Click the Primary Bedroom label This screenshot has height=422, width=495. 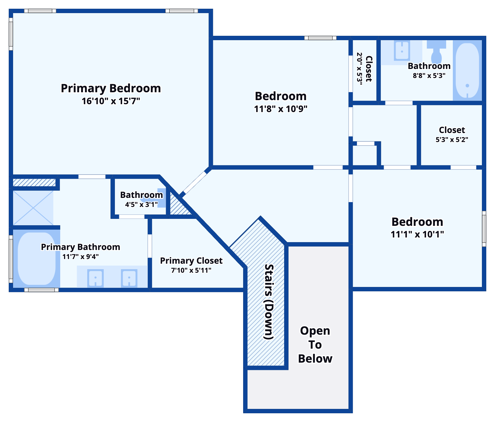[111, 88]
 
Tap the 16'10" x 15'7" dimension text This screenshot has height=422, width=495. [111, 101]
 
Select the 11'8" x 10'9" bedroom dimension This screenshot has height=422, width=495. [281, 109]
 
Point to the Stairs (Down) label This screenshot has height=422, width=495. [269, 302]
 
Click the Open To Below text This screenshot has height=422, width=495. [315, 345]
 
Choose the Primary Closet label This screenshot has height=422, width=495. [191, 260]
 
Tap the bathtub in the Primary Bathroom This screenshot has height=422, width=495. [37, 258]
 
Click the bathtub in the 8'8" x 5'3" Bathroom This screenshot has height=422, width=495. [467, 70]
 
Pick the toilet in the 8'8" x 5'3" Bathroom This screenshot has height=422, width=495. [436, 51]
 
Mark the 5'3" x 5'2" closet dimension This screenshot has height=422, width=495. [452, 140]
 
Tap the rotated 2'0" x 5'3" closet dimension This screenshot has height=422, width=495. [359, 69]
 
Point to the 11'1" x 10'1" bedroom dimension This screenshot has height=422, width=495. [417, 234]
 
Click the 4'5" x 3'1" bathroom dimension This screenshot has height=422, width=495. [141, 205]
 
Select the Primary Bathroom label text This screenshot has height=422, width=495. [81, 247]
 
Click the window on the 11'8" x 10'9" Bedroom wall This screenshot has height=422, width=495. [320, 38]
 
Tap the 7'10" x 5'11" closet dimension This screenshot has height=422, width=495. [191, 270]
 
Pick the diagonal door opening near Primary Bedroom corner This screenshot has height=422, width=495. [194, 183]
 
